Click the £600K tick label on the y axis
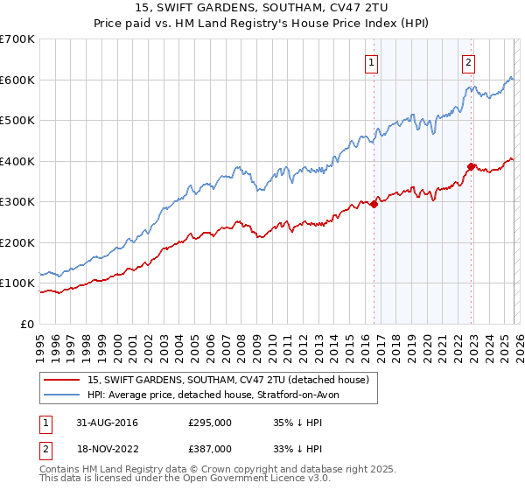[x=17, y=80]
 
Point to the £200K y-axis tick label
[x=17, y=242]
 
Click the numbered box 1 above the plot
[x=372, y=62]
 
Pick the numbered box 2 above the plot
[x=469, y=62]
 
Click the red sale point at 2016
[x=374, y=204]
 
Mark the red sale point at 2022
[x=471, y=166]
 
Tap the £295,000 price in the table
[x=209, y=423]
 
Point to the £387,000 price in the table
[x=209, y=448]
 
